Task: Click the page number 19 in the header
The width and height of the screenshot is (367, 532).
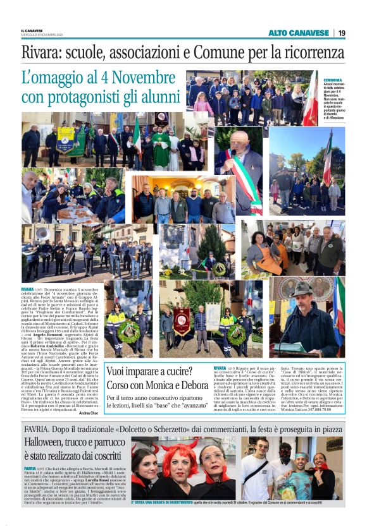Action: click(x=341, y=33)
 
